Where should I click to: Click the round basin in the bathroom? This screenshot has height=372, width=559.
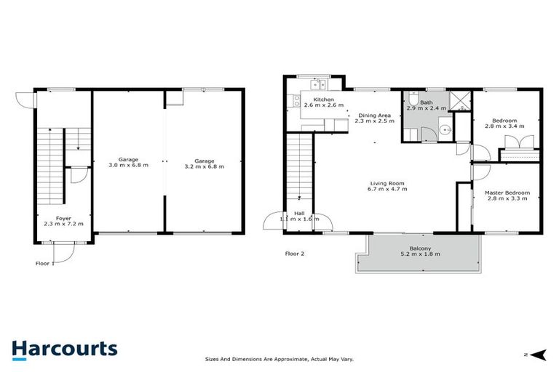447,131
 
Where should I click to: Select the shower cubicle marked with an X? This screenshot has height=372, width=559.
459,100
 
